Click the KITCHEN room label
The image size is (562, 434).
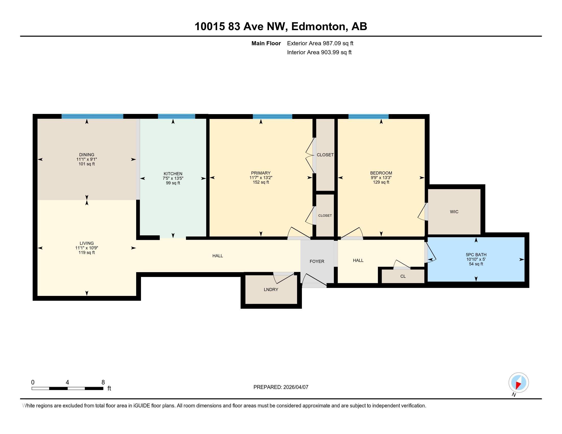coord(173,174)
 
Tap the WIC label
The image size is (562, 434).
coord(454,212)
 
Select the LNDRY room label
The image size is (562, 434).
coord(271,290)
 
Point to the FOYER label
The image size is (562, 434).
coord(317,261)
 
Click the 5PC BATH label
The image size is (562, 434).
coord(476,255)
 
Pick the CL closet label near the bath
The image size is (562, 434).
coord(403,276)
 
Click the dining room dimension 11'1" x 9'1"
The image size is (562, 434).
coord(86,159)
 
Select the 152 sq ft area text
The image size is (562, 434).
coord(261,182)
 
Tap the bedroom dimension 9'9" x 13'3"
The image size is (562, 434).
coord(381,178)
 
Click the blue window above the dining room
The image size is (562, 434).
coord(92,116)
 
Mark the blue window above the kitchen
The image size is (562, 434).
coord(176,116)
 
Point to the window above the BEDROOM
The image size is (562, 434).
coord(368,116)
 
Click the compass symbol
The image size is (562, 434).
coord(519,383)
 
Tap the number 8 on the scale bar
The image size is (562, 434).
coord(103,382)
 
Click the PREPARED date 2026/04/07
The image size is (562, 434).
coord(295,387)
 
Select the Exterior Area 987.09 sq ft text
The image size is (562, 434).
coord(320,43)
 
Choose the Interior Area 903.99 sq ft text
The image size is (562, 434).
coord(319,52)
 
